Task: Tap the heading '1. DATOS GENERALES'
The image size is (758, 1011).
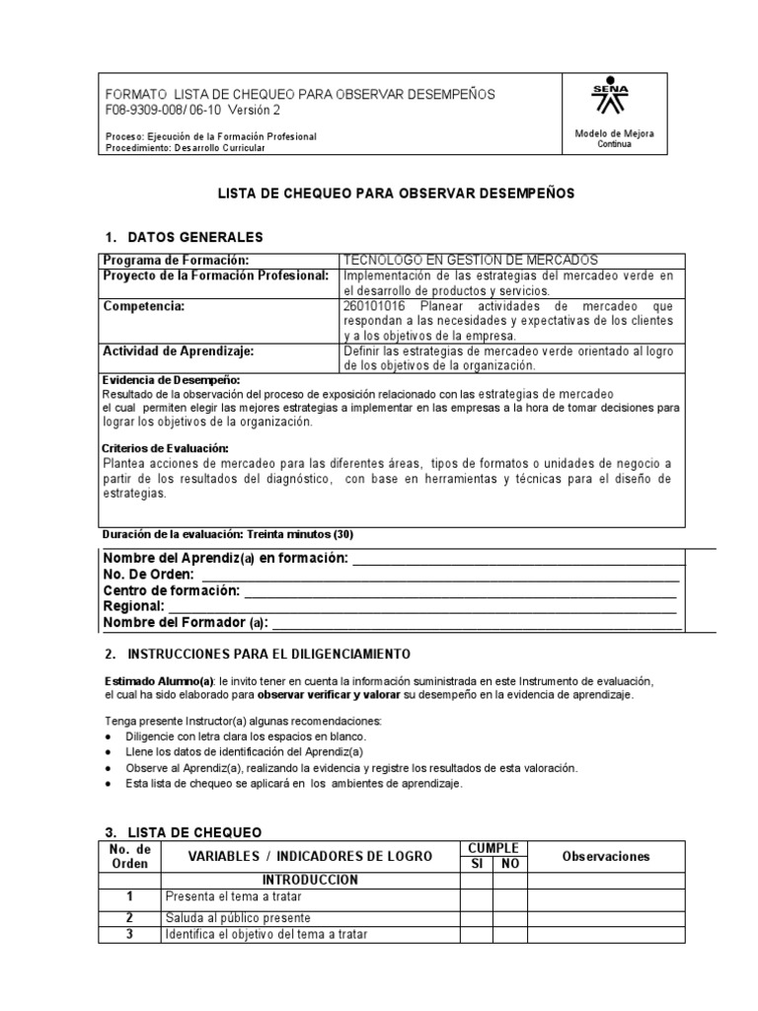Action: point(184,238)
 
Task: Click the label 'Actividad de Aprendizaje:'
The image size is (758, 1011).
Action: point(179,350)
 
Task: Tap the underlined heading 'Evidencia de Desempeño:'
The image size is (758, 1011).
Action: point(172,380)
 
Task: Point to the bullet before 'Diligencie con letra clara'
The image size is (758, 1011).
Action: point(108,738)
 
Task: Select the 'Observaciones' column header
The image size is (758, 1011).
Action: point(606,856)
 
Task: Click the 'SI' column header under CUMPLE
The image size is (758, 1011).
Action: point(476,864)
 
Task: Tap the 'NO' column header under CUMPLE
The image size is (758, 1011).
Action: point(510,864)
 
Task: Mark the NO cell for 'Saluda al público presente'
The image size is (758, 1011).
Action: point(510,919)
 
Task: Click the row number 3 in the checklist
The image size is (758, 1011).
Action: point(129,934)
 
